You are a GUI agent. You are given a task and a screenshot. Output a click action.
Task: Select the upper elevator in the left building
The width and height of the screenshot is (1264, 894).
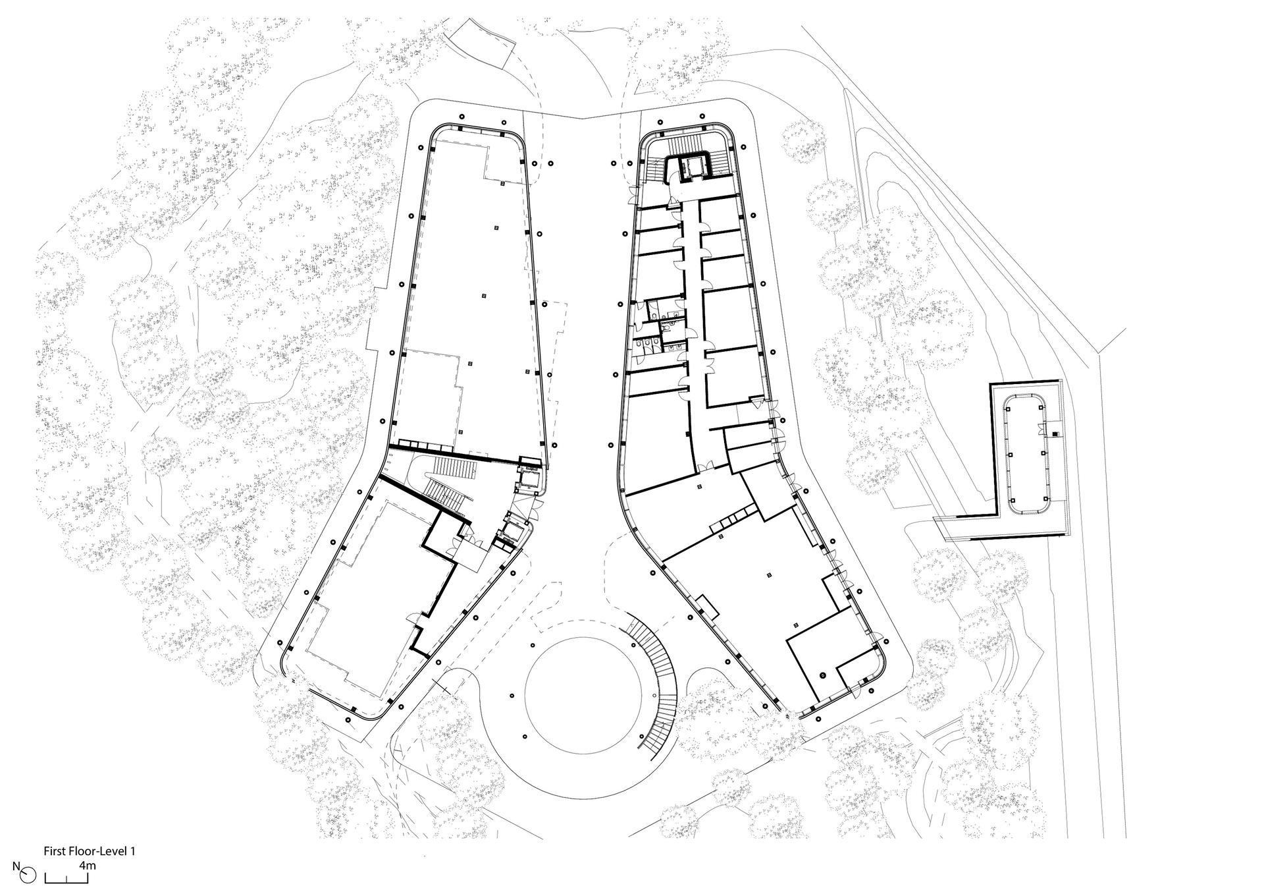(x=528, y=478)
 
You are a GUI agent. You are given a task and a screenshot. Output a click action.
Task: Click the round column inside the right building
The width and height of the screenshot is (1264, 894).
(x=823, y=675)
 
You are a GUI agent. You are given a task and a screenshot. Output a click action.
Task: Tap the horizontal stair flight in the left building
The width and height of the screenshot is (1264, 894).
(x=454, y=468)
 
